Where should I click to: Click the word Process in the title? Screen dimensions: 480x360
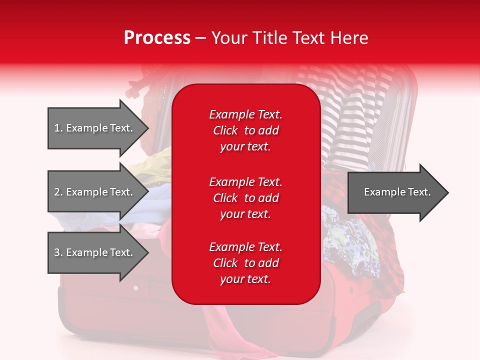(157, 37)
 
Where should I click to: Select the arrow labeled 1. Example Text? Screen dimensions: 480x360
(98, 128)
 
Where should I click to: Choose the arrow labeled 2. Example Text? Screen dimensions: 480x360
(98, 192)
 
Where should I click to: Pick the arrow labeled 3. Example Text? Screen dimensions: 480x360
(98, 252)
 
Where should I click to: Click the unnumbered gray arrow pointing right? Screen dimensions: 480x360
(398, 192)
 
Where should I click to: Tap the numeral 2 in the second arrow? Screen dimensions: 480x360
(57, 192)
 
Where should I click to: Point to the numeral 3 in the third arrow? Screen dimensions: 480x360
(57, 252)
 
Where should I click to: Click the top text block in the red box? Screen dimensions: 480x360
(246, 130)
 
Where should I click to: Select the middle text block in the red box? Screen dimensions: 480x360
(246, 198)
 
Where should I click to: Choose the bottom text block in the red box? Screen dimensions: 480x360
(246, 263)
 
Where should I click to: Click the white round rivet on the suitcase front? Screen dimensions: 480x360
(135, 288)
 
